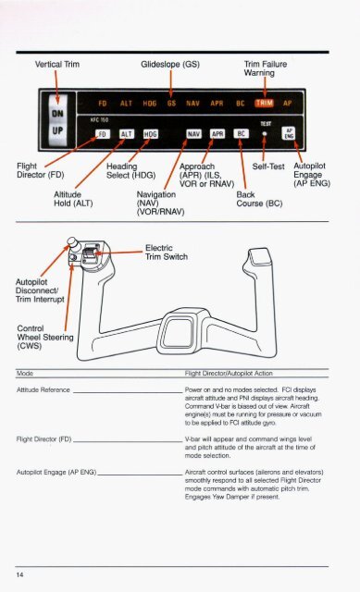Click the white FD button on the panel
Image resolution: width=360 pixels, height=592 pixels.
103,134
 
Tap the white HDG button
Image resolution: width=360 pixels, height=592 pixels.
151,134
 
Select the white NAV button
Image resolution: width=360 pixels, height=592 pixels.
193,134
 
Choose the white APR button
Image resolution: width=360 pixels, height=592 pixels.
217,134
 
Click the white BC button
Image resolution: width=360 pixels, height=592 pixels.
241,133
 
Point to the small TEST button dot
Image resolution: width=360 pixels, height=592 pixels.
265,133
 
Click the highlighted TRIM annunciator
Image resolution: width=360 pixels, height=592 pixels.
265,103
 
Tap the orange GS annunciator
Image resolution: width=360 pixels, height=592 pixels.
171,103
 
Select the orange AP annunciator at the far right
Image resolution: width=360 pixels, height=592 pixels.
288,103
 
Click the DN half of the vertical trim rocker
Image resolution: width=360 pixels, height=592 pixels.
57,112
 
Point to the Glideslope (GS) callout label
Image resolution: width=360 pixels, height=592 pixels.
170,64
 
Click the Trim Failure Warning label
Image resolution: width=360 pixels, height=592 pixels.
266,68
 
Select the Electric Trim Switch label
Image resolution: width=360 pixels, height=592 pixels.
167,253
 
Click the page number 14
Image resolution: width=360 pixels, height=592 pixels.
19,575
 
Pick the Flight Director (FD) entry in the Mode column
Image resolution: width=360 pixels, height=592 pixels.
43,439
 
